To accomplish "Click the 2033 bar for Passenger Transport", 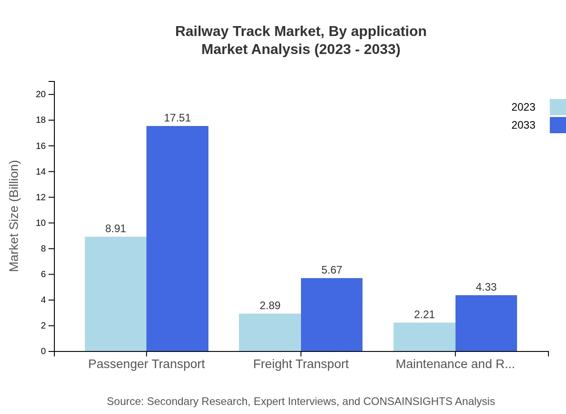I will point(177,238).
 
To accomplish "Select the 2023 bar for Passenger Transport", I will point(115,294).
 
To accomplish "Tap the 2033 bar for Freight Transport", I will point(332,315).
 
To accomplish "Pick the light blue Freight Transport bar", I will point(270,332).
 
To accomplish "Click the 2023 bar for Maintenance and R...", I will point(424,337).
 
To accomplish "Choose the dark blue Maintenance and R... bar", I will point(486,323).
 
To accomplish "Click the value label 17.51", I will point(177,118).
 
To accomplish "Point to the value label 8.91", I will point(115,229).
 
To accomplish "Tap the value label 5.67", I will point(332,270).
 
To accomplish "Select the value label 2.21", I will point(424,315).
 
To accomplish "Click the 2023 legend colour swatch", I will point(557,107).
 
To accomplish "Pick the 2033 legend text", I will point(523,125).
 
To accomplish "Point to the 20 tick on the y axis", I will point(41,94).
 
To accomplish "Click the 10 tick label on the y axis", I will point(41,223).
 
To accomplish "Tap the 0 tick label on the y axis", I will point(43,351).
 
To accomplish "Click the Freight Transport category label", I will point(301,364).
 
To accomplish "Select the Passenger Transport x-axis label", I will point(146,364).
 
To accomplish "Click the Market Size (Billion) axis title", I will point(14,216).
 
